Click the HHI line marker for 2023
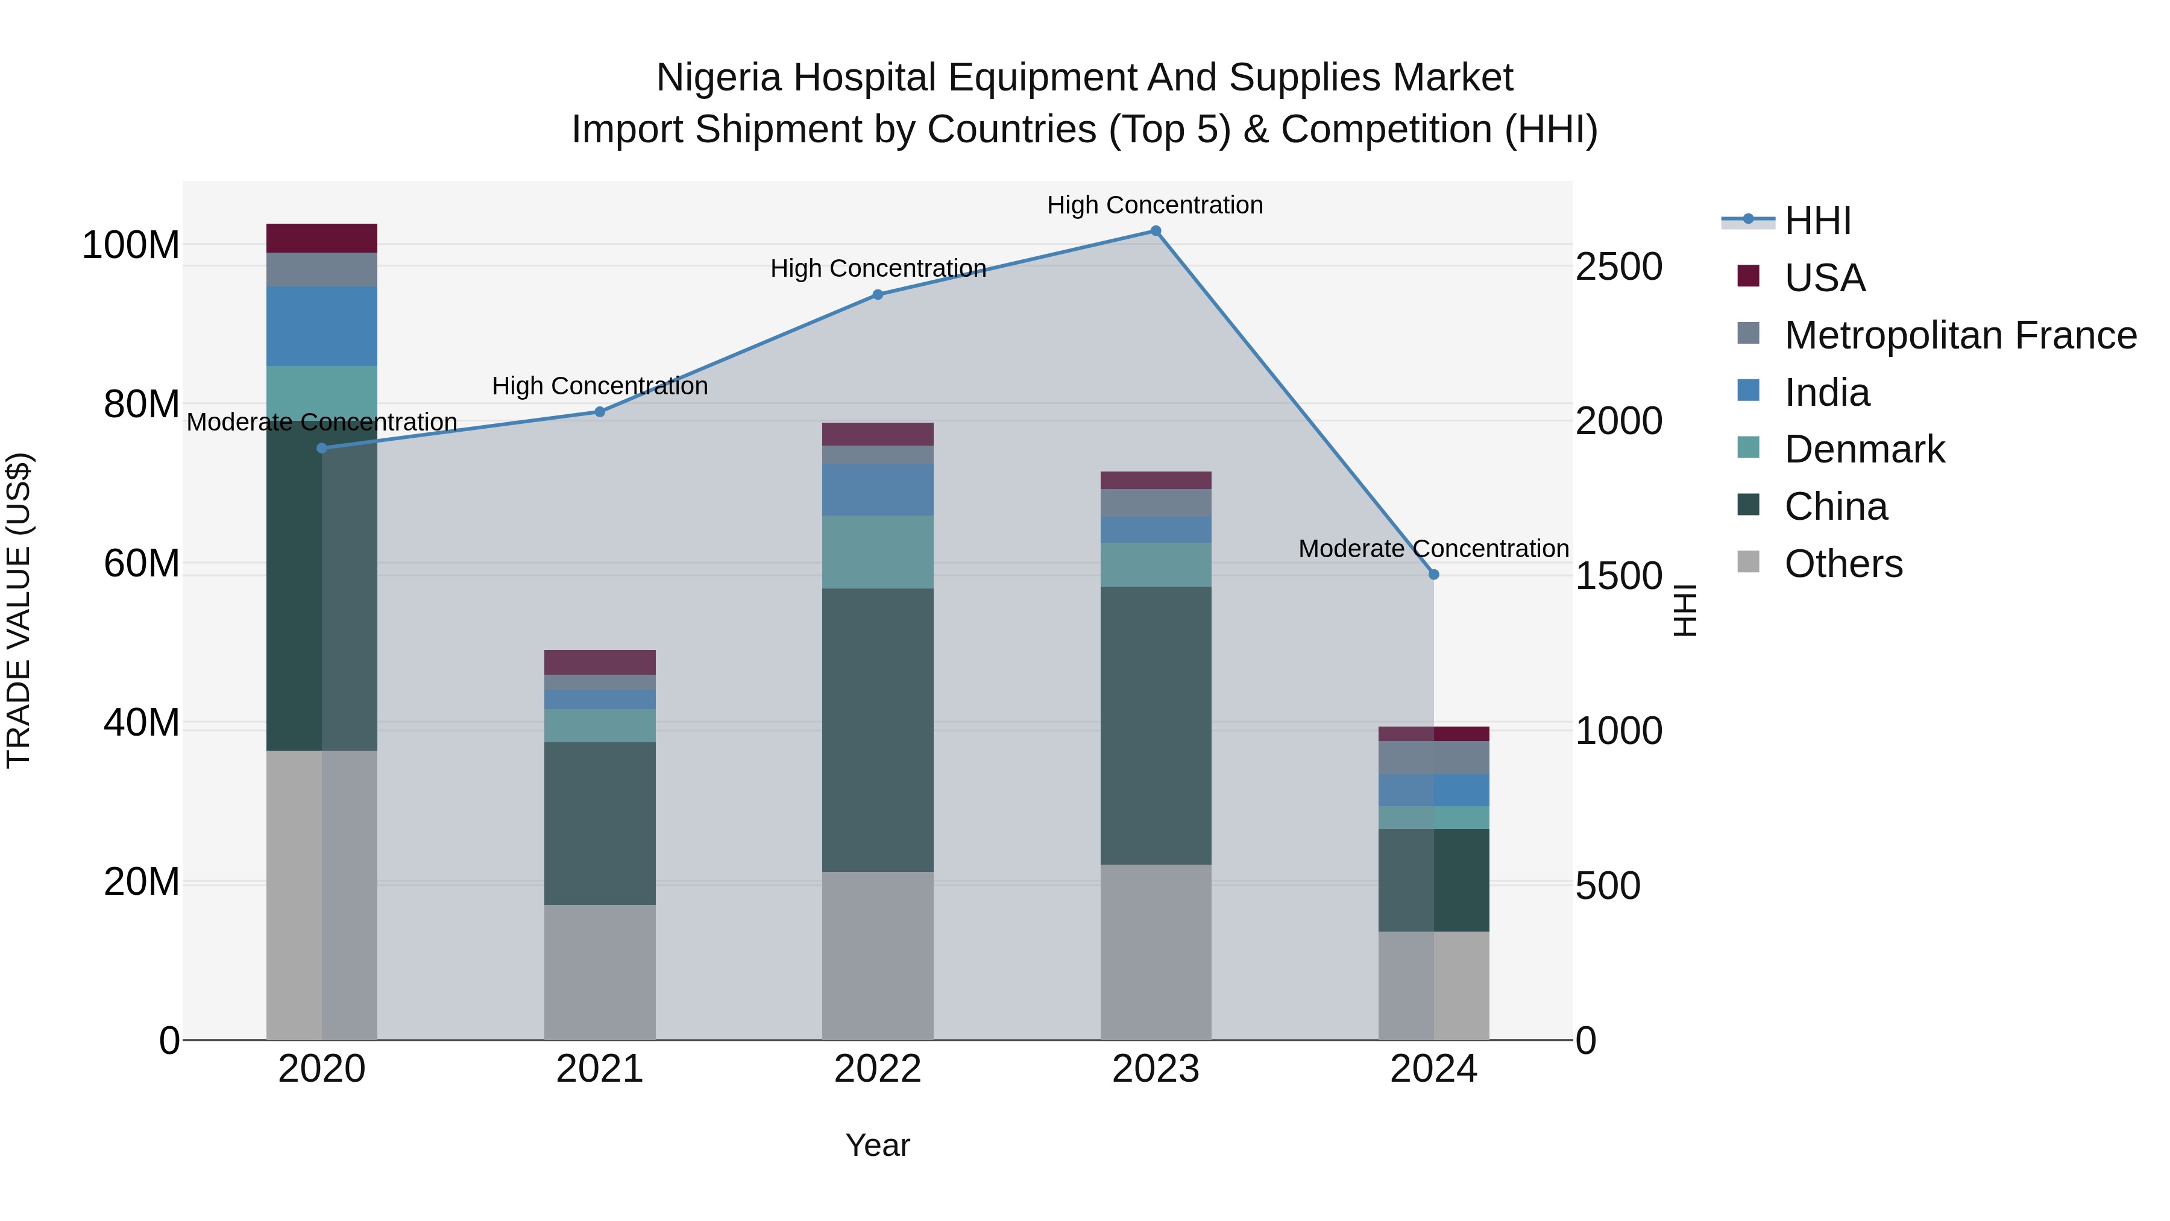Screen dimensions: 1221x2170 pos(1156,231)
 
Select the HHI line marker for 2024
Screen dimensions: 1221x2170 pos(1434,575)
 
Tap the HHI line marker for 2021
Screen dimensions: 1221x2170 pos(600,412)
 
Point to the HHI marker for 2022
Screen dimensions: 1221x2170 pos(878,295)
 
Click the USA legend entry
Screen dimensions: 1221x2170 pos(1825,278)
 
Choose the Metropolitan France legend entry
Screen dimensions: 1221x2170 pos(1960,335)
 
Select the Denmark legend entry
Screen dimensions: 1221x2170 pos(1864,449)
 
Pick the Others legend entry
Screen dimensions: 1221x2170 pos(1843,564)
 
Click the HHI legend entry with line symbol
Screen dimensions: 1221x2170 pos(1817,221)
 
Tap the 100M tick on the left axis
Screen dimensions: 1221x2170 pos(131,245)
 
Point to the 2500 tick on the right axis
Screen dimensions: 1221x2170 pos(1618,267)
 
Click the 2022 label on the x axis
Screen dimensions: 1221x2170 pos(878,1069)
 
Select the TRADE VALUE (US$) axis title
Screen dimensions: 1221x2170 pos(19,610)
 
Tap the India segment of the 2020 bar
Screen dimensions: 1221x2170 pos(322,326)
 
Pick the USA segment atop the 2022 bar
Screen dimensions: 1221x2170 pos(878,434)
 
